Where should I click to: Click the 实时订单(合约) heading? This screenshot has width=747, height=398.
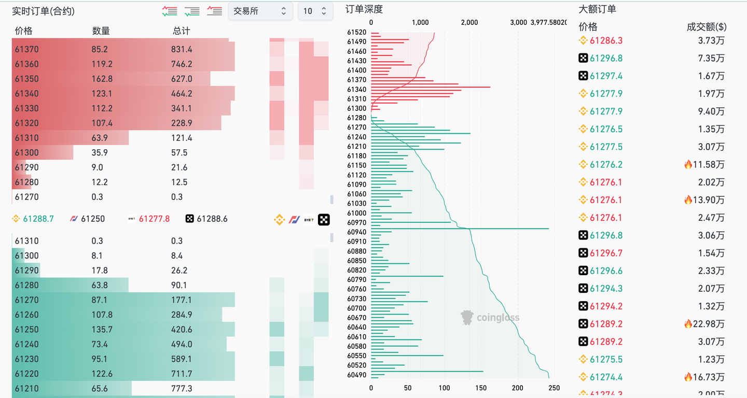(x=43, y=11)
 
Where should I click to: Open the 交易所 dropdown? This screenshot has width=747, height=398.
(x=260, y=11)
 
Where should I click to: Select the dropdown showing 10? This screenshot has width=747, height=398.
(x=315, y=11)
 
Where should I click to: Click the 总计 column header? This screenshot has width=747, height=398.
(x=181, y=31)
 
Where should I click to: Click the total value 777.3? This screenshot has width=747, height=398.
(x=182, y=388)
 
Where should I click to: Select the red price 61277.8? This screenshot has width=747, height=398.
(x=154, y=219)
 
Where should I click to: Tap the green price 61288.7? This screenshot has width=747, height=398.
(x=38, y=219)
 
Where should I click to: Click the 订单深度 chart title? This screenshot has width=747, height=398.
(x=364, y=9)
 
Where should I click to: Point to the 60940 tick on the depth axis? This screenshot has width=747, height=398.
(x=356, y=232)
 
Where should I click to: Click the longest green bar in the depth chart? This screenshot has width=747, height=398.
(x=460, y=229)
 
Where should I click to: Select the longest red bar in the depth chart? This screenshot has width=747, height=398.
(x=431, y=87)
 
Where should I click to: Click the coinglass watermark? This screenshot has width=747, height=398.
(x=490, y=318)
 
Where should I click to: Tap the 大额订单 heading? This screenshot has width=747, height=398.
(x=597, y=9)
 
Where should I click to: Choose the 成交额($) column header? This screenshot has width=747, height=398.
(x=707, y=27)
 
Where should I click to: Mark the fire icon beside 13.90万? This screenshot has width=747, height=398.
(x=688, y=200)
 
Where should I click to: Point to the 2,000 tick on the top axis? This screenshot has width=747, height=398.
(x=469, y=22)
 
